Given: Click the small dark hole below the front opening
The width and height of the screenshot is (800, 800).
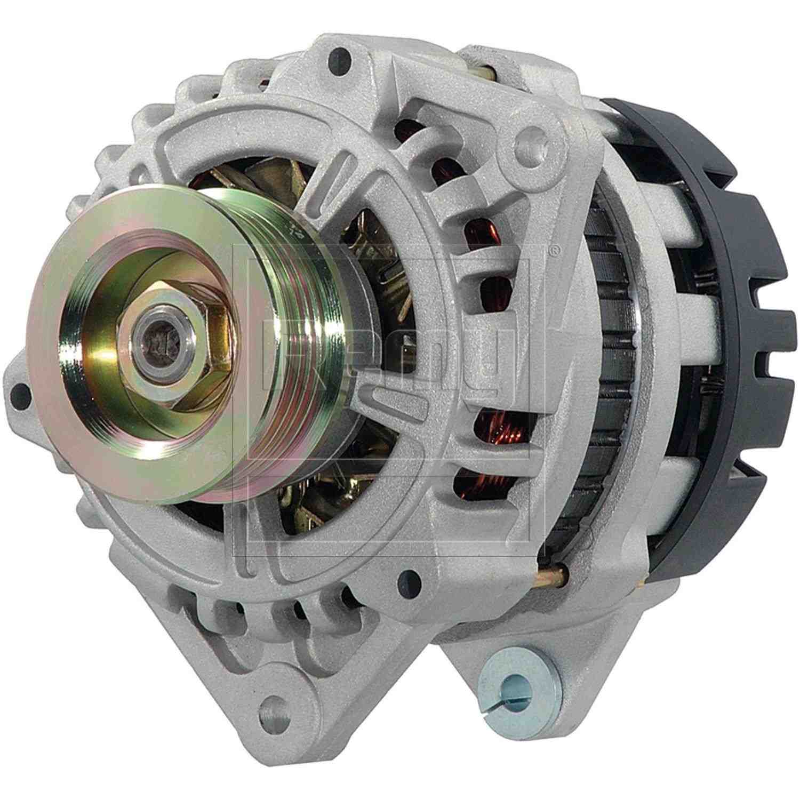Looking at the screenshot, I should coord(408,578).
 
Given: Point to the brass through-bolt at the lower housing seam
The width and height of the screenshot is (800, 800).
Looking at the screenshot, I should coord(552,577).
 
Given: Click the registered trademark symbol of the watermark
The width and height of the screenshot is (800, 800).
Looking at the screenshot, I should coord(555,249).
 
